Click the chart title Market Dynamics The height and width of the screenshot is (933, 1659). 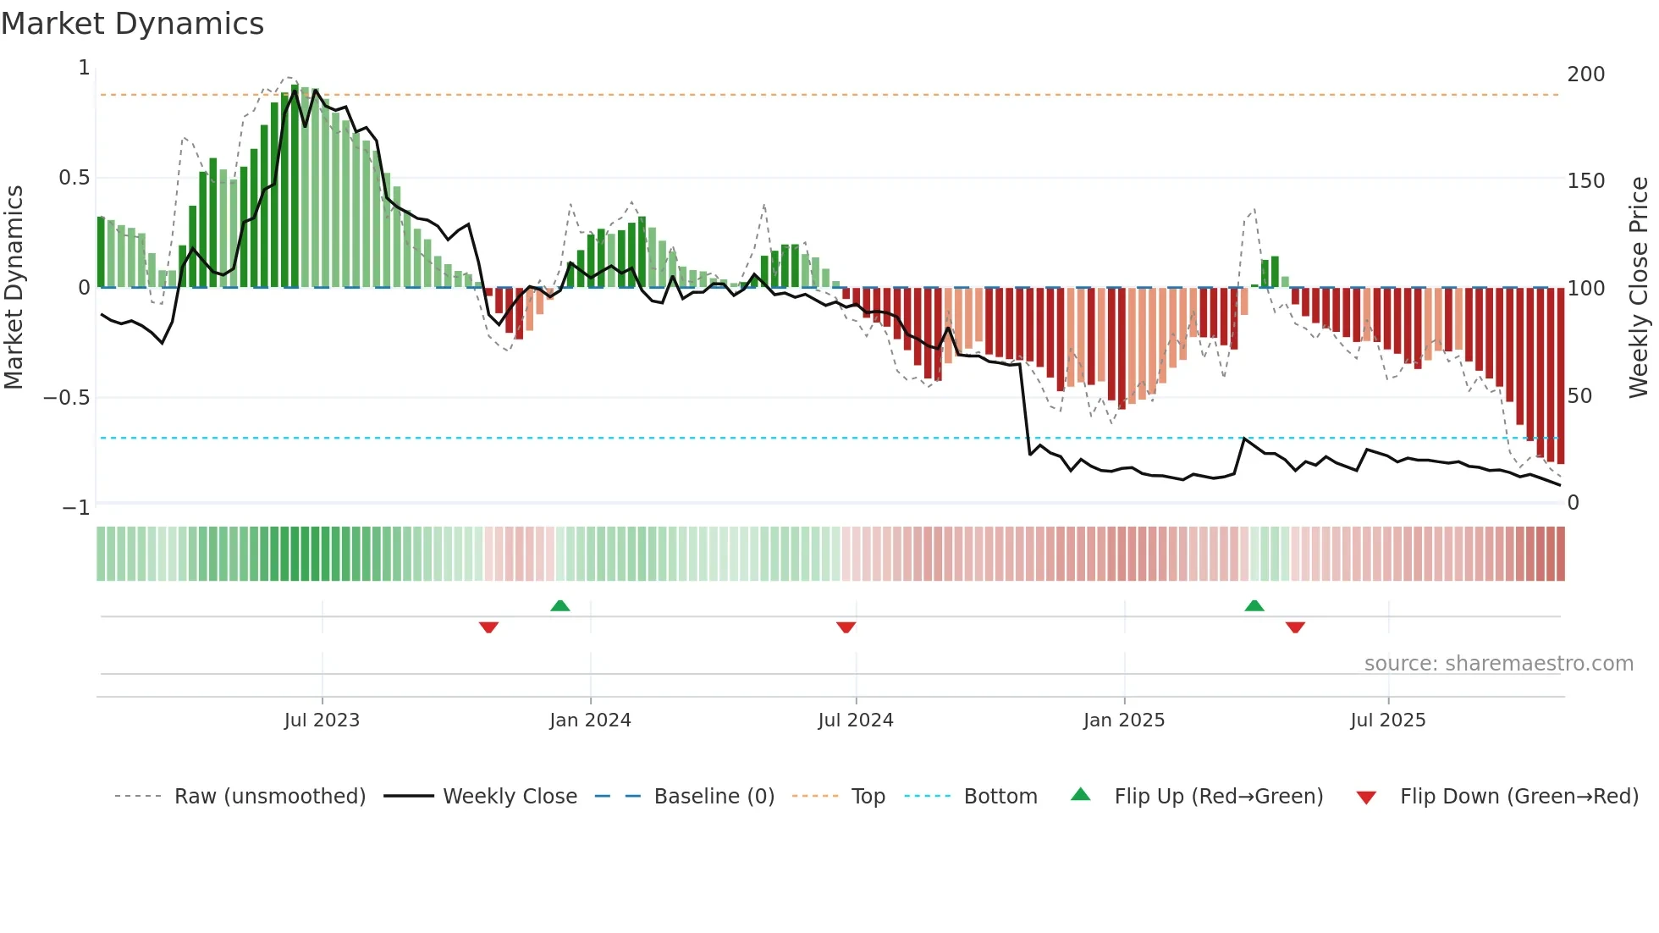(x=133, y=24)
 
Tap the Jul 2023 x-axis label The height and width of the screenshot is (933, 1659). (x=322, y=720)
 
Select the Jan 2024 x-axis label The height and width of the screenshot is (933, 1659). (x=590, y=720)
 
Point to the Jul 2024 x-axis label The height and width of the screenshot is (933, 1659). (x=856, y=720)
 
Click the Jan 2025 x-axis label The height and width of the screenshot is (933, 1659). (x=1124, y=720)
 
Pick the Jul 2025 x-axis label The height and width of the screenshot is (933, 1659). (x=1388, y=720)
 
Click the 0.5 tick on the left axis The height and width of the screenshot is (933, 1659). (x=74, y=178)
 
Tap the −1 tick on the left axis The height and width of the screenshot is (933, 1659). (x=75, y=508)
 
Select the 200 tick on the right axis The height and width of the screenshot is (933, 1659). (x=1585, y=75)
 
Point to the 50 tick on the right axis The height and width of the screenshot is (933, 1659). (x=1579, y=396)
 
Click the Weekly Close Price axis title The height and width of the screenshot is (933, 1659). (x=1639, y=287)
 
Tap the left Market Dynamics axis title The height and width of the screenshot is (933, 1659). (x=14, y=287)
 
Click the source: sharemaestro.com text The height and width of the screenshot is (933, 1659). (x=1498, y=664)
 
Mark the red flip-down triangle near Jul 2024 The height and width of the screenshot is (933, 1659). (x=846, y=627)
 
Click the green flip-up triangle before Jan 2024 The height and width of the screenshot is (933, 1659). (x=559, y=605)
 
